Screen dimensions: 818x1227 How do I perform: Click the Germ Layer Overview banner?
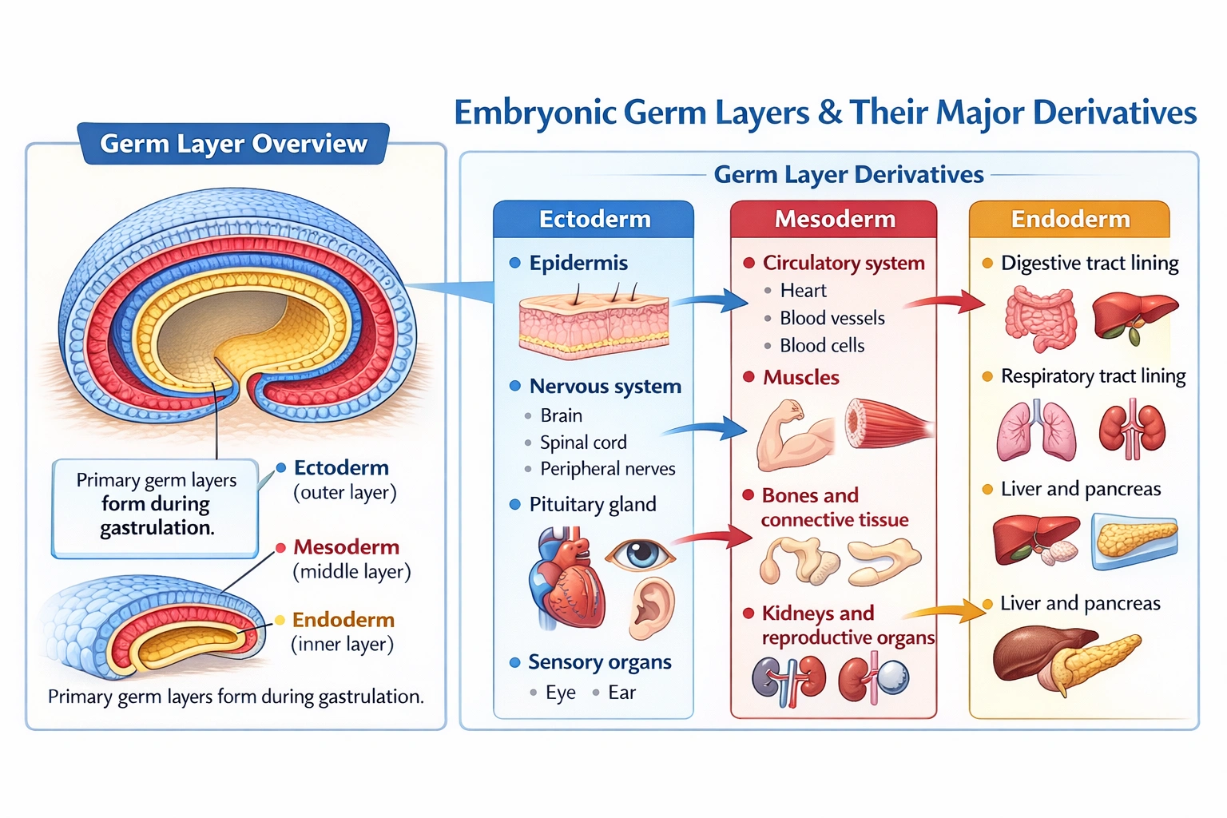(233, 144)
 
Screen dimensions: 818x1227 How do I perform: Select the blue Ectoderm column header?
(594, 219)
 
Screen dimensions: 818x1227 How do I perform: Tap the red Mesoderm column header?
(834, 219)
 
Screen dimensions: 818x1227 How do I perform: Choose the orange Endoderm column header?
(1070, 219)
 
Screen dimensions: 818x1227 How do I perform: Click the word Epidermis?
(578, 263)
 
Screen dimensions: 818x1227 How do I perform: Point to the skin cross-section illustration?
(594, 324)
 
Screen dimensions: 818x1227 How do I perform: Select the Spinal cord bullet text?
(583, 443)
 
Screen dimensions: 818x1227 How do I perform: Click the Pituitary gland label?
(592, 505)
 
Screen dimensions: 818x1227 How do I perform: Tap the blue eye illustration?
(639, 553)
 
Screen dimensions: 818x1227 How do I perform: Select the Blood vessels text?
(832, 318)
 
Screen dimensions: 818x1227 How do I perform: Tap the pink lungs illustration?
(1036, 431)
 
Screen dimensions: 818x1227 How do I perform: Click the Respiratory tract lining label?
(1093, 376)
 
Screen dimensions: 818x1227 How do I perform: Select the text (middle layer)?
(351, 572)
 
